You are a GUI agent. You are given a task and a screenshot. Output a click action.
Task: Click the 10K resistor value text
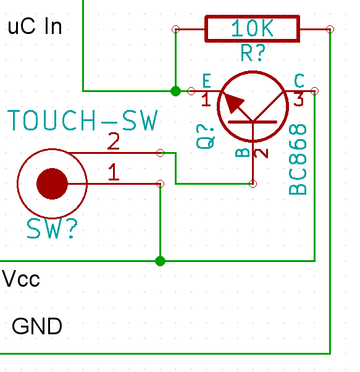click(x=252, y=28)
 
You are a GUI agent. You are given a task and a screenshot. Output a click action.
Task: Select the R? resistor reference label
click(x=253, y=53)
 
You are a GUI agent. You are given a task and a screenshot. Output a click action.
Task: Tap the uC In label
click(x=35, y=27)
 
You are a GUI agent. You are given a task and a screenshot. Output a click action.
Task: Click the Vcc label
click(x=21, y=279)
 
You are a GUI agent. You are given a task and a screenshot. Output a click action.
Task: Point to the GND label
click(x=37, y=326)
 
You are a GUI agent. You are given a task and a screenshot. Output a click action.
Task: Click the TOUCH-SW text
click(x=83, y=120)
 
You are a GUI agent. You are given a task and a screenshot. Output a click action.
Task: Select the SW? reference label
click(x=52, y=229)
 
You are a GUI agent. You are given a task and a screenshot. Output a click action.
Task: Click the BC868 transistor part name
click(x=298, y=159)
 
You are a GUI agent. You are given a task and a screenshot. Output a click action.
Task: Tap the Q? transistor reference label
click(x=205, y=137)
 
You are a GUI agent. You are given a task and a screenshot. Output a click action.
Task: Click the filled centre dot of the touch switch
click(x=52, y=184)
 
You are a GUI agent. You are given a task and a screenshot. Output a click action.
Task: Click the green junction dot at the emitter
click(x=175, y=91)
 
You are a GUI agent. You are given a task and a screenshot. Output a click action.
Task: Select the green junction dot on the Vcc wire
click(x=160, y=261)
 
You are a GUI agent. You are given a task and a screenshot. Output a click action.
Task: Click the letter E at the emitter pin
click(x=207, y=81)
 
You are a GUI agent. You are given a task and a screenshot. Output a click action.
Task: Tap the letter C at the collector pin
click(x=299, y=81)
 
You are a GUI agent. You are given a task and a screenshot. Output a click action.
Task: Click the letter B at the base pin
click(x=243, y=153)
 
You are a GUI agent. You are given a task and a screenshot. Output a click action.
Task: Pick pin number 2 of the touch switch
click(x=114, y=141)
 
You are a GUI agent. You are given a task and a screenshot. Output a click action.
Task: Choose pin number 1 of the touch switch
click(x=114, y=172)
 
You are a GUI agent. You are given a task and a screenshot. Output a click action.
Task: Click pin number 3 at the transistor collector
click(x=299, y=99)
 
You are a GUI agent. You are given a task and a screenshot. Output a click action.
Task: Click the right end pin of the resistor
click(x=330, y=30)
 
